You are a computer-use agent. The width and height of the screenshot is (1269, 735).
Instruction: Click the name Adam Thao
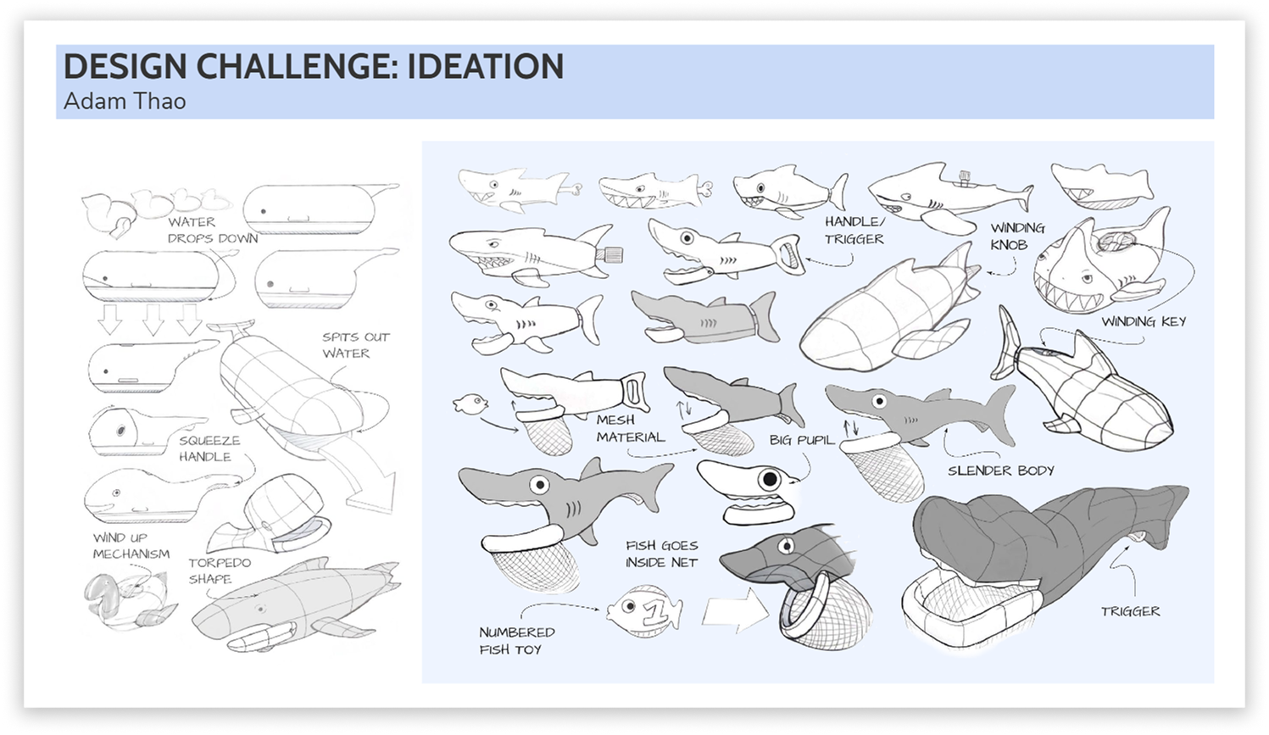coord(125,101)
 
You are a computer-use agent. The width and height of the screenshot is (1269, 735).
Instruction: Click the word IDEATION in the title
coord(485,67)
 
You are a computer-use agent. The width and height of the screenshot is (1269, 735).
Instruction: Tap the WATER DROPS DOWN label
coord(212,230)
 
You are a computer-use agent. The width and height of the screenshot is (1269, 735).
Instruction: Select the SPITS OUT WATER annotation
coord(355,345)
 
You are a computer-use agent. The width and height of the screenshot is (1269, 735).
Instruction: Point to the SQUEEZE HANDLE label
coord(209,448)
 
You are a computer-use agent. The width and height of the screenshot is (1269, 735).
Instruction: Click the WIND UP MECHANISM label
coord(131,545)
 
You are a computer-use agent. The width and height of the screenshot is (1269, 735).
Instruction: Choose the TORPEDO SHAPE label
coord(219,571)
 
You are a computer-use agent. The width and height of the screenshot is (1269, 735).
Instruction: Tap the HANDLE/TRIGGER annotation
coord(854,231)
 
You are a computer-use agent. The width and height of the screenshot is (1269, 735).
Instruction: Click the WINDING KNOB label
coord(1017,236)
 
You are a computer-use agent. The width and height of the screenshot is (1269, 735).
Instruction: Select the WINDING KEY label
coord(1143,321)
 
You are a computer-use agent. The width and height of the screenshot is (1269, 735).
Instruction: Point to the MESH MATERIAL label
coord(630,428)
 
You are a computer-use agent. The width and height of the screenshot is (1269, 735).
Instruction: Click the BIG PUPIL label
coord(801,440)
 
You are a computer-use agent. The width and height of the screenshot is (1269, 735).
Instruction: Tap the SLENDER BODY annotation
coord(1000,471)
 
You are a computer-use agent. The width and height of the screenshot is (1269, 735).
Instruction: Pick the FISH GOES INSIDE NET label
coord(661,554)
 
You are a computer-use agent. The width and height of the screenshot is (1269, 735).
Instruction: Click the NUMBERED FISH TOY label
coord(516,641)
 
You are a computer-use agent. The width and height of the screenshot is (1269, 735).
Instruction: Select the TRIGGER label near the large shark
coord(1130,610)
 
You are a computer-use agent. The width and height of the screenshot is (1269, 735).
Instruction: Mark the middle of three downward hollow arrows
coord(152,319)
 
